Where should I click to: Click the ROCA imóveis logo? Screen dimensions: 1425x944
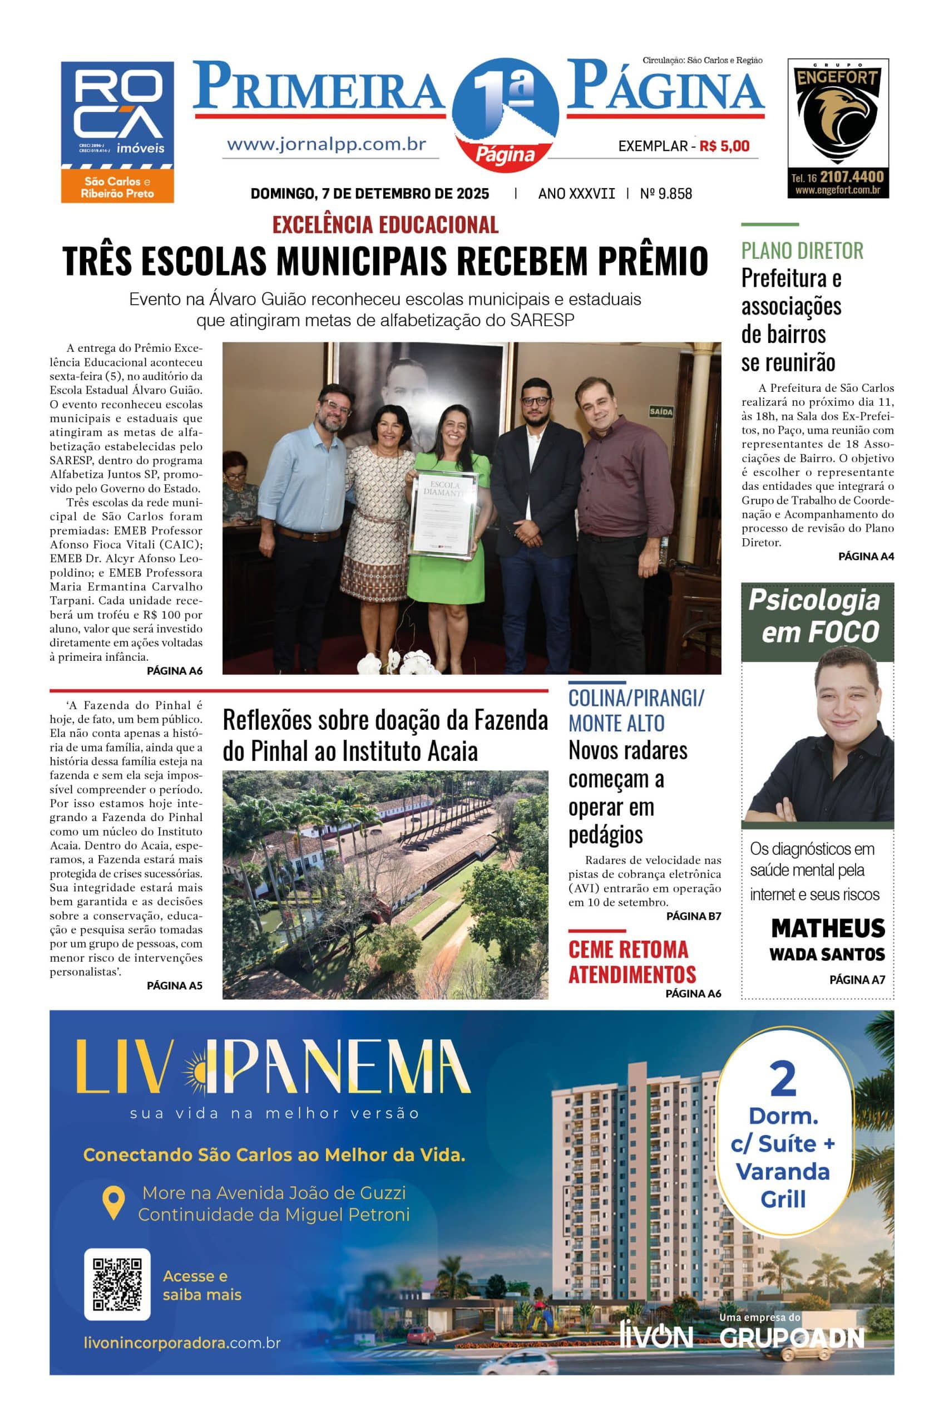tap(117, 115)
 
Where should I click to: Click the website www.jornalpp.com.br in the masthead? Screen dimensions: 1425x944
tap(327, 145)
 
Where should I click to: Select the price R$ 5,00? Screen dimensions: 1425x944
tap(724, 146)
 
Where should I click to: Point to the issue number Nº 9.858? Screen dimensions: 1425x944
tap(666, 194)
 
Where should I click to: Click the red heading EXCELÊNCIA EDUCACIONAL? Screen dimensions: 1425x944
tap(385, 225)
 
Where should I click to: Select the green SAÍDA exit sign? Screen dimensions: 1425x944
tap(661, 412)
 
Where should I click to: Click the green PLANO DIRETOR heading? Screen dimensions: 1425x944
tap(802, 250)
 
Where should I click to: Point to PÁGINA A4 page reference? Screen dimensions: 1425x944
tap(866, 557)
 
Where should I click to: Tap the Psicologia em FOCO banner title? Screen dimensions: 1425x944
tap(814, 616)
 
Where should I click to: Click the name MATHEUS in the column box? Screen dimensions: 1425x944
tap(828, 928)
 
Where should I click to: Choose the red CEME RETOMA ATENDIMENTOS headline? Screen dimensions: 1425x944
tap(631, 962)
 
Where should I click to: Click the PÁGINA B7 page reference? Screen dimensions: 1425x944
tap(693, 916)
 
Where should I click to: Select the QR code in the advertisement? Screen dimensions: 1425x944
tap(117, 1284)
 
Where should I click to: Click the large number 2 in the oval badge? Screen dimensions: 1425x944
tap(783, 1080)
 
